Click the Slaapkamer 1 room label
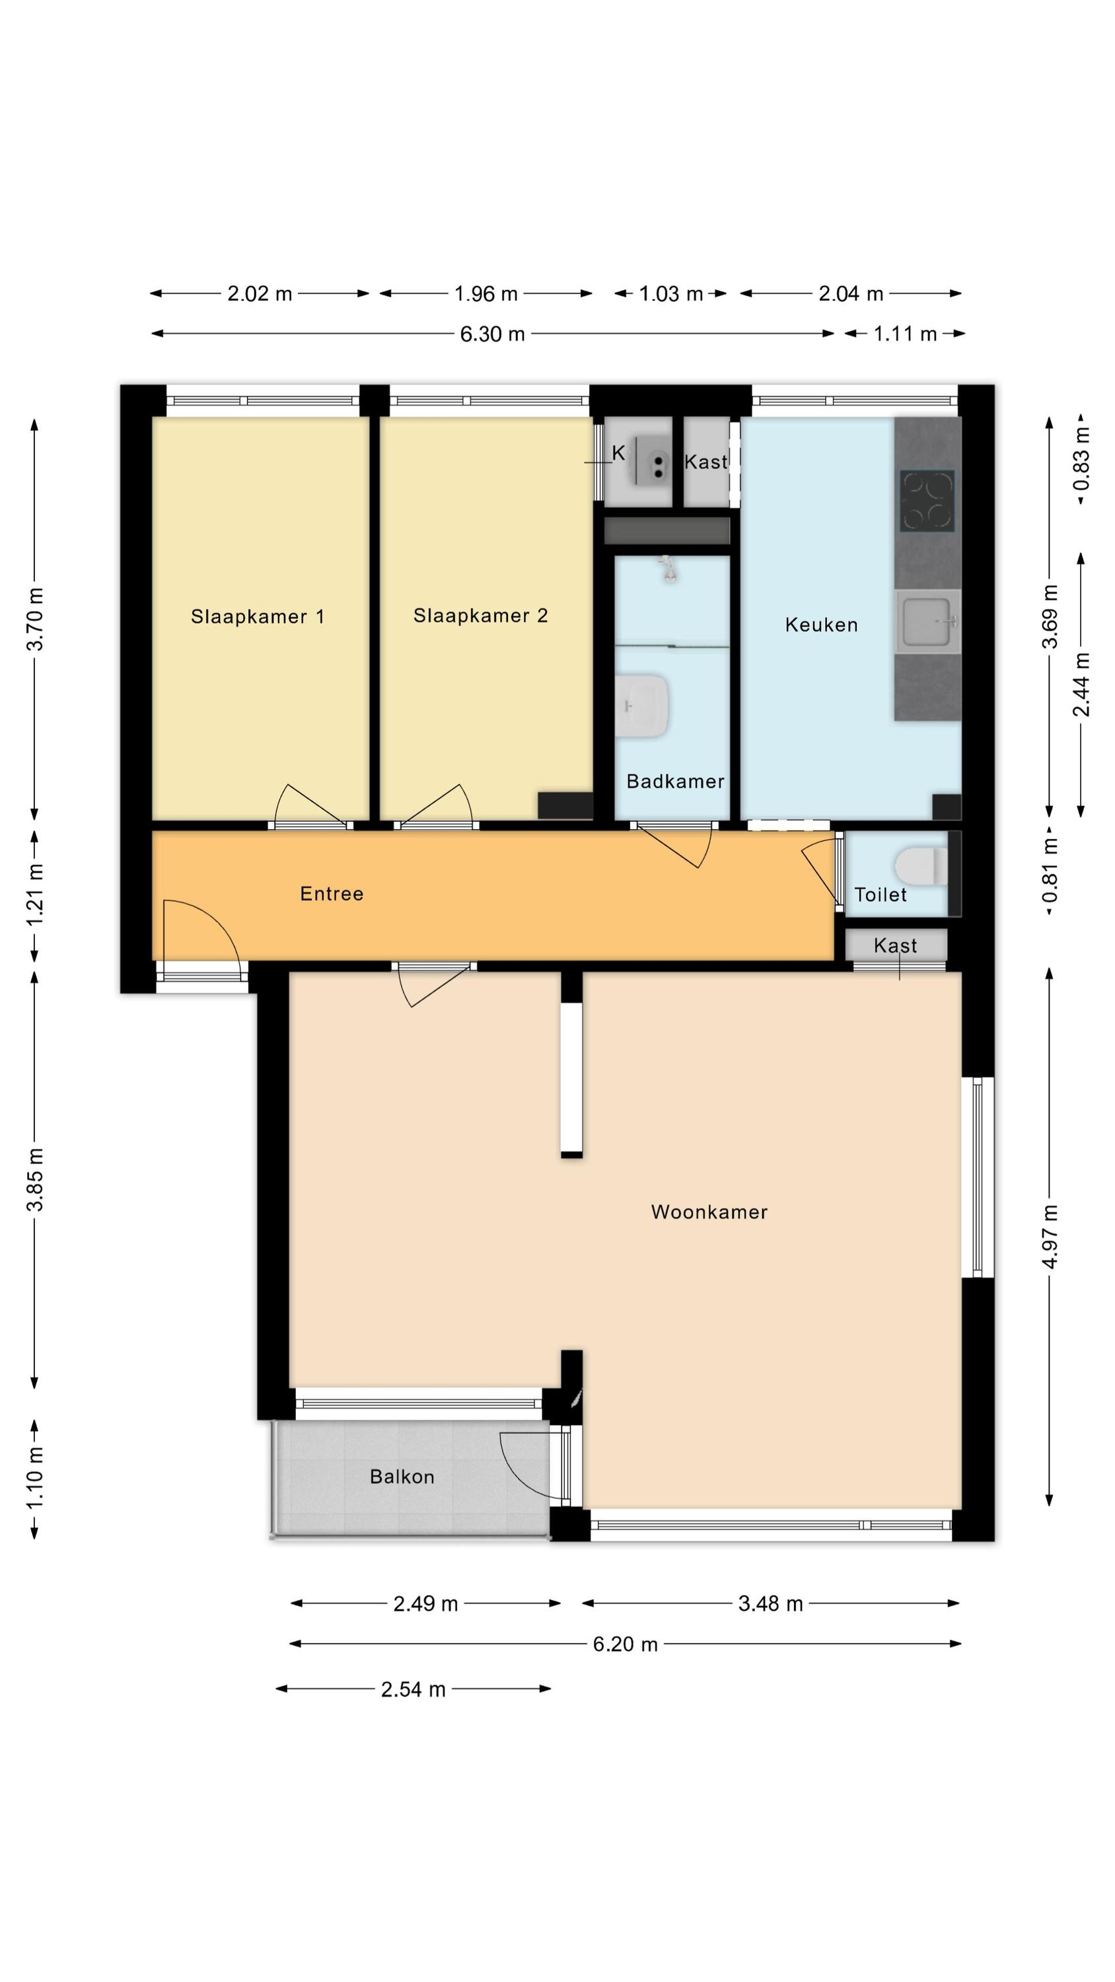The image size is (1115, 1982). click(258, 616)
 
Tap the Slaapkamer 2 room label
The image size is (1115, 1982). click(480, 616)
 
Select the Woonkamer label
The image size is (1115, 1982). click(709, 1212)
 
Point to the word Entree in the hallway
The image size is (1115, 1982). click(332, 893)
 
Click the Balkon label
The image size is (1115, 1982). click(402, 1477)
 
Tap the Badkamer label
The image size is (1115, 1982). click(676, 782)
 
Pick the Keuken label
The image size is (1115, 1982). click(821, 625)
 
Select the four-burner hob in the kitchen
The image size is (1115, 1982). click(927, 501)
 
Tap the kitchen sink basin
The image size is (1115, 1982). click(928, 621)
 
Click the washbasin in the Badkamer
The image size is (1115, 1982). click(642, 706)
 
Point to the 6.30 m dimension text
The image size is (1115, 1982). click(493, 334)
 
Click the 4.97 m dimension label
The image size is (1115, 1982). click(1050, 1237)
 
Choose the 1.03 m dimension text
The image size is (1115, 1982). click(671, 294)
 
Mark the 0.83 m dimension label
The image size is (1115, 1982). click(1082, 459)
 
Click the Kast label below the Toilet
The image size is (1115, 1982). click(895, 945)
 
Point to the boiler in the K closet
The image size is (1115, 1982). click(652, 461)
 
